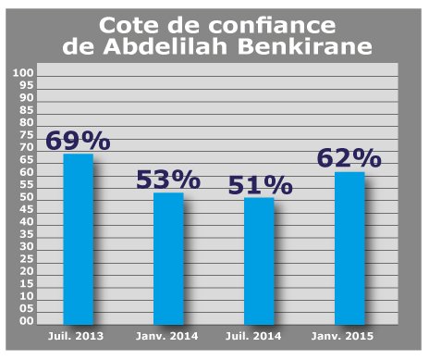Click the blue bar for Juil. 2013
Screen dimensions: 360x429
pyautogui.click(x=78, y=238)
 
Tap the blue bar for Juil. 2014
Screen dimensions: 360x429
pyautogui.click(x=258, y=260)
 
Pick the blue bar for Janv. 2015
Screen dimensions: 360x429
pyautogui.click(x=349, y=247)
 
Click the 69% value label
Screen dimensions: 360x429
pyautogui.click(x=78, y=142)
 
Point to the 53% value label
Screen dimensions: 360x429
pyautogui.click(x=167, y=180)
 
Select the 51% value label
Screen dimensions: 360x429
pyautogui.click(x=259, y=184)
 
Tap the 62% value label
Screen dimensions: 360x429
pyautogui.click(x=349, y=158)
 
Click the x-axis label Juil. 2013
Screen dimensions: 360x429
pyautogui.click(x=77, y=332)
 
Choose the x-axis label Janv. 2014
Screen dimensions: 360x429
pyautogui.click(x=167, y=332)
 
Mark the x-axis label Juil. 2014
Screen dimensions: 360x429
pyautogui.click(x=258, y=332)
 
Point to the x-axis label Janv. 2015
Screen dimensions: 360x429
pyautogui.click(x=349, y=332)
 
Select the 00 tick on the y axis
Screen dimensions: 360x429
pyautogui.click(x=27, y=320)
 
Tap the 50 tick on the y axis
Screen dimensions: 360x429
pyautogui.click(x=27, y=196)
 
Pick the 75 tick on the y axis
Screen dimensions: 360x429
pyautogui.click(x=27, y=134)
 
